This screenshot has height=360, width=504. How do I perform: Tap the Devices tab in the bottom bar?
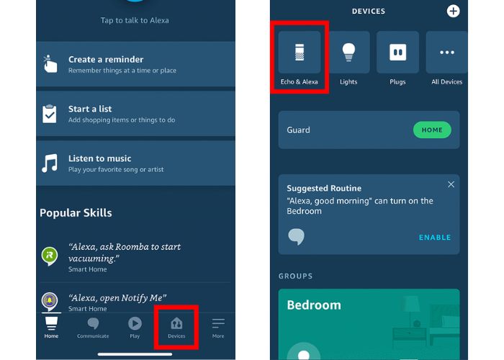click(x=176, y=328)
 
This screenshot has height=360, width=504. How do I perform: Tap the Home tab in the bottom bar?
click(x=51, y=328)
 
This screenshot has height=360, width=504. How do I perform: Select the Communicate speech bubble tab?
click(x=93, y=328)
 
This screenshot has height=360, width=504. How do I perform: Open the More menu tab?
click(x=218, y=328)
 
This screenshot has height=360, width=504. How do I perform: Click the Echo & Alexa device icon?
click(x=300, y=52)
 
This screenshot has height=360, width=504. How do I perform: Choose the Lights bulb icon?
click(x=348, y=52)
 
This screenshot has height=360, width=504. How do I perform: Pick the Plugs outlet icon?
click(x=397, y=52)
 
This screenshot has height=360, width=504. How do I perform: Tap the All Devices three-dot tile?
click(x=447, y=52)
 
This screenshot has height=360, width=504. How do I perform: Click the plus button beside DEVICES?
click(x=453, y=12)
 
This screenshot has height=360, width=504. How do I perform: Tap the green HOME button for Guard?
click(x=432, y=130)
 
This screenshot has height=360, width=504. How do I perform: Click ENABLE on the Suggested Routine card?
click(x=435, y=238)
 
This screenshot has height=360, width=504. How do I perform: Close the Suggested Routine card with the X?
click(x=451, y=184)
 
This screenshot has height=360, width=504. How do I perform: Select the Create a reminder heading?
click(x=106, y=60)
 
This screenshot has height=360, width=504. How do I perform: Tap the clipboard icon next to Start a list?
click(x=50, y=114)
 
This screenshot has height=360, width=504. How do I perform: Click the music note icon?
click(x=50, y=163)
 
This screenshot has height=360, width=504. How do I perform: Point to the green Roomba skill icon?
click(x=50, y=256)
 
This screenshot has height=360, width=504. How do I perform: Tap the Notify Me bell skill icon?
click(x=50, y=302)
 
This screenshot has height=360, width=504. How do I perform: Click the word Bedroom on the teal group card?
click(x=314, y=305)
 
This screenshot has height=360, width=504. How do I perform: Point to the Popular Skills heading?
click(x=76, y=213)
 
